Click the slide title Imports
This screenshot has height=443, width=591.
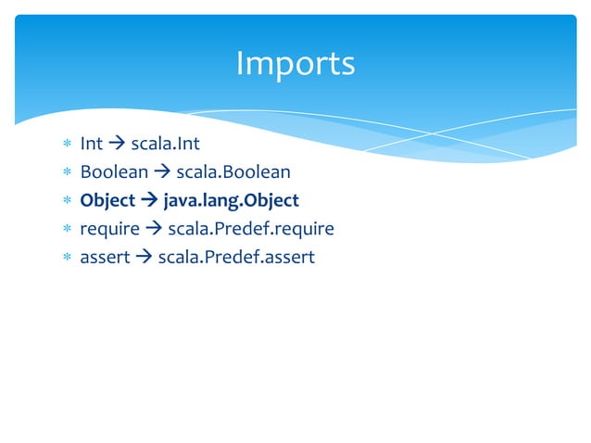(295, 64)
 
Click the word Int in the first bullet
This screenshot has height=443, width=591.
(91, 145)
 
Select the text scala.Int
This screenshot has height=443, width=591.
(165, 145)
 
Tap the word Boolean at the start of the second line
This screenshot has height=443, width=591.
(114, 172)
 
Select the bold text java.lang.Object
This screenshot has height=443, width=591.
(231, 200)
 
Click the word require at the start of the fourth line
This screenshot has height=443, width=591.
(109, 228)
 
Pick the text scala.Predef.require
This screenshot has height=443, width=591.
(250, 228)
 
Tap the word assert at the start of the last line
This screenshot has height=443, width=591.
(105, 257)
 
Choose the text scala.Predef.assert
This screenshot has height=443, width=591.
(236, 257)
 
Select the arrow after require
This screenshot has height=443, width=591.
(154, 229)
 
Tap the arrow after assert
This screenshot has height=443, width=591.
(144, 257)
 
